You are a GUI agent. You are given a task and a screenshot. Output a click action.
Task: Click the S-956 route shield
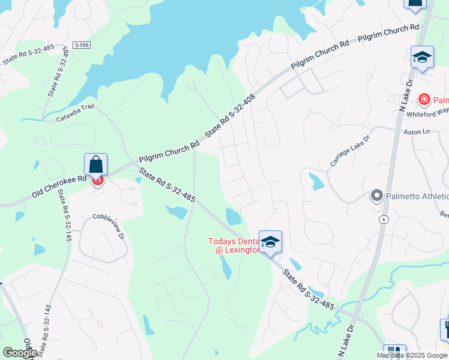(82, 45)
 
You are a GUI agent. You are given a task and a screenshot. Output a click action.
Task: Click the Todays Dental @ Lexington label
(234, 245)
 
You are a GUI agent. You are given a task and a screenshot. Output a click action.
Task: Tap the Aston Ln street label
(418, 131)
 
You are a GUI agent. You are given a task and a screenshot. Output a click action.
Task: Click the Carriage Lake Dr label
(350, 151)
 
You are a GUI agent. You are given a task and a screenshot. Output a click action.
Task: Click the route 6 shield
(382, 220)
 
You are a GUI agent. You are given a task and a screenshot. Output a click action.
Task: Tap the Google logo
(20, 353)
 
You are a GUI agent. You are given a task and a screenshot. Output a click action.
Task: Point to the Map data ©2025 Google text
(412, 355)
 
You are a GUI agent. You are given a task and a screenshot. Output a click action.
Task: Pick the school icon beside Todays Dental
(271, 242)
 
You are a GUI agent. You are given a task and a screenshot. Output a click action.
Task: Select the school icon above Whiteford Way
(422, 58)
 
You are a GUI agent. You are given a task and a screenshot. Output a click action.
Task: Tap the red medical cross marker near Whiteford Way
(424, 99)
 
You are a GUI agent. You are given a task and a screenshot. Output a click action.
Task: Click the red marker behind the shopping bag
(98, 180)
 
